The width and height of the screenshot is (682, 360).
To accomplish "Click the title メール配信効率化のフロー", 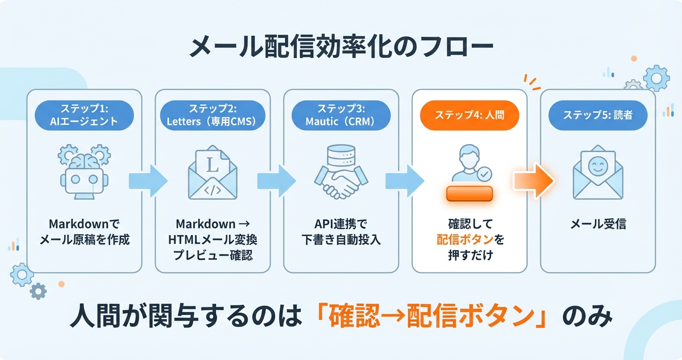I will coord(341,47).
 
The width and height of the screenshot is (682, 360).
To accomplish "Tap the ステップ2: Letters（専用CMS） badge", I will coord(212,115).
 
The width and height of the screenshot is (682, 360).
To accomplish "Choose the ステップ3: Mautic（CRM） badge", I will coord(341,115).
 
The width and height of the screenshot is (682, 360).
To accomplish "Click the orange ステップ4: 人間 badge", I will coord(469,115).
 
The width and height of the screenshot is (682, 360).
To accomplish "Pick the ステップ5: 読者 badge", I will coord(598,115).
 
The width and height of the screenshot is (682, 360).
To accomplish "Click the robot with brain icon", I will coord(84,172).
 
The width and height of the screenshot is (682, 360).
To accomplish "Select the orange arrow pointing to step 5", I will coord(534,180).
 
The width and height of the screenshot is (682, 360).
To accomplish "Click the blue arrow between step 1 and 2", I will coord(148,180).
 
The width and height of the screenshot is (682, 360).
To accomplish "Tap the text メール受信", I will coord(598,224).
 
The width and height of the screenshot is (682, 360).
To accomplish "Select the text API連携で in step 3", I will coord(341,224).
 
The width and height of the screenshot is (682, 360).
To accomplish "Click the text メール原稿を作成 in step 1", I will coord(84,239).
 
